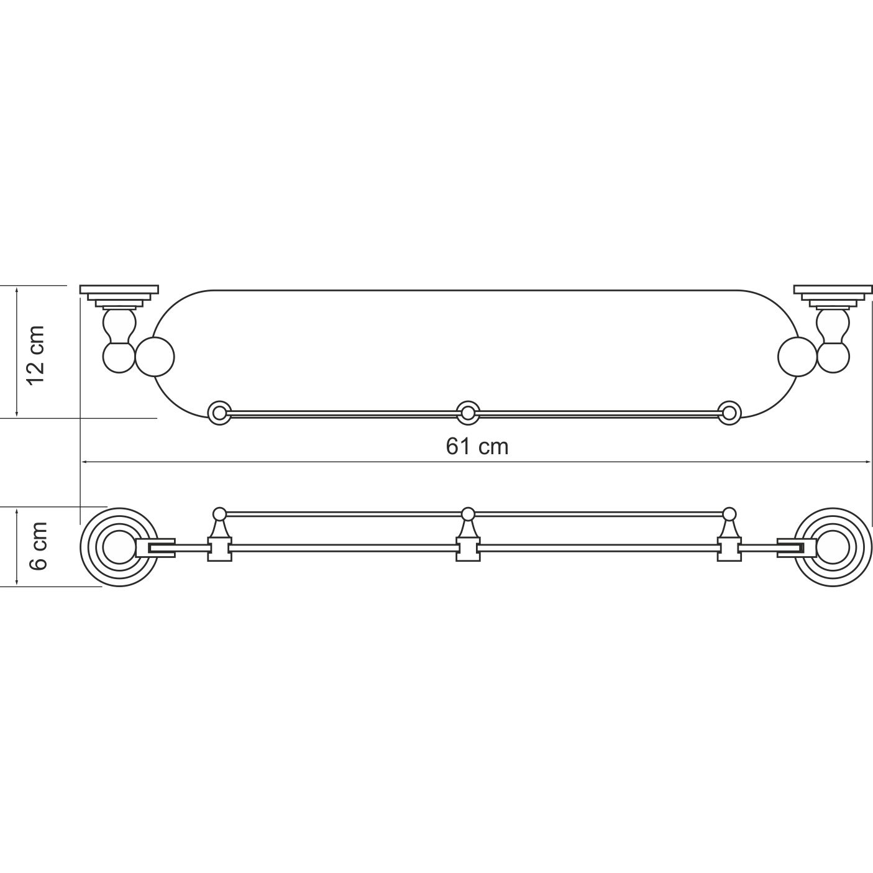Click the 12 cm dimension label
tap(36, 355)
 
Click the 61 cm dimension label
tap(477, 447)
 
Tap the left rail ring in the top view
tap(219, 413)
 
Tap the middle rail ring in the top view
tap(468, 413)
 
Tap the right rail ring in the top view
tap(729, 413)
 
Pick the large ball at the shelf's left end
tap(155, 357)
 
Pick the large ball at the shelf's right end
tap(797, 357)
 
